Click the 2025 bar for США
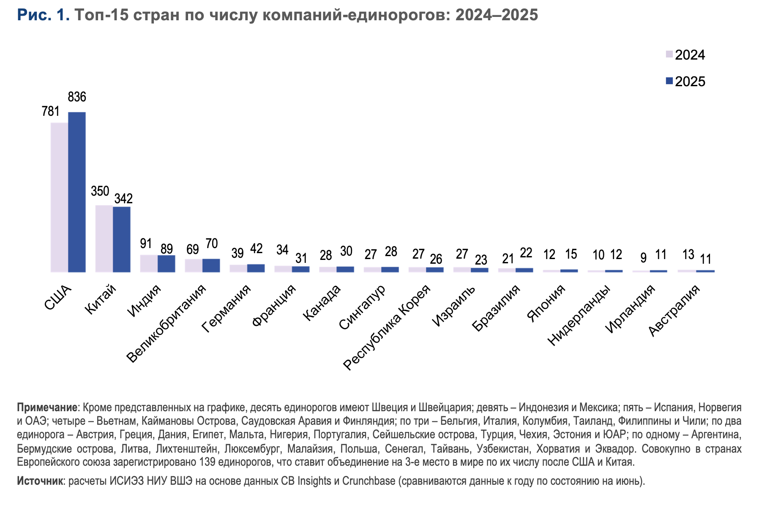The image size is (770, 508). (77, 192)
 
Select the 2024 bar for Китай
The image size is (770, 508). (104, 239)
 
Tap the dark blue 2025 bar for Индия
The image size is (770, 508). (167, 264)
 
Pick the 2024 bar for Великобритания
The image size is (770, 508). (194, 265)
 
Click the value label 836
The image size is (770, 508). (77, 98)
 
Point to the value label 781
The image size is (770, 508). (51, 111)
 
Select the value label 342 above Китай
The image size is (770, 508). (123, 198)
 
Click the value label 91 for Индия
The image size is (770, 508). (146, 244)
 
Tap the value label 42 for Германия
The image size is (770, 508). (256, 249)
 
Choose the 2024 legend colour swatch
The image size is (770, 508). (669, 54)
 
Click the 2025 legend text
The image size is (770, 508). (690, 82)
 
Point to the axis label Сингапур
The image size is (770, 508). (363, 307)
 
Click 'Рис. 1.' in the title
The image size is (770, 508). (43, 15)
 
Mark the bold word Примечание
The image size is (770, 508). (47, 408)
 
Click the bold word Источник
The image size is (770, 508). (40, 481)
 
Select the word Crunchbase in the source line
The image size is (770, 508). (369, 481)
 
